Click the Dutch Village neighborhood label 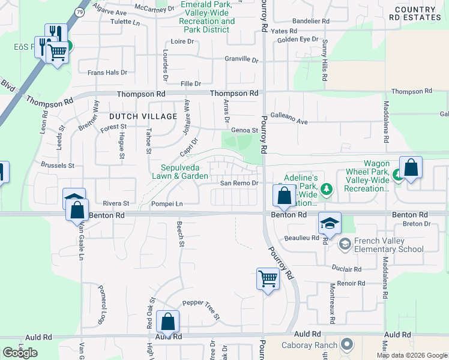pyautogui.click(x=143, y=116)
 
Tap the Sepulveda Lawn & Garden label pyautogui.click(x=184, y=172)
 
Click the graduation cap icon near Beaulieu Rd pyautogui.click(x=330, y=223)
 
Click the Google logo pyautogui.click(x=20, y=353)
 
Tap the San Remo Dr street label pyautogui.click(x=239, y=183)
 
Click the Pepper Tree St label pyautogui.click(x=202, y=310)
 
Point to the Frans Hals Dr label pyautogui.click(x=107, y=73)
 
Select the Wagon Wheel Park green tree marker pyautogui.click(x=397, y=175)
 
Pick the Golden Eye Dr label pyautogui.click(x=297, y=40)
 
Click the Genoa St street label pyautogui.click(x=245, y=130)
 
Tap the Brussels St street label pyautogui.click(x=58, y=164)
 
